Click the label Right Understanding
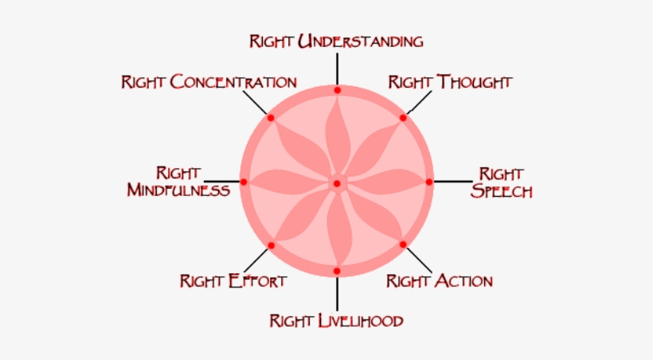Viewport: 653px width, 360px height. [335, 41]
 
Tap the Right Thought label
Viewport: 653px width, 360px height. [450, 82]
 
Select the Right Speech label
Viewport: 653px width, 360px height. [501, 182]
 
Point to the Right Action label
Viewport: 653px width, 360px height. [440, 280]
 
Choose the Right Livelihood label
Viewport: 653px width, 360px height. [336, 321]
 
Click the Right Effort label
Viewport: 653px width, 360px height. [233, 280]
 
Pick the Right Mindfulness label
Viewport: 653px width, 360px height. [178, 182]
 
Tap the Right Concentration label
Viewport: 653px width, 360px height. [209, 82]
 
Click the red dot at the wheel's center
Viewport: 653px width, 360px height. [336, 183]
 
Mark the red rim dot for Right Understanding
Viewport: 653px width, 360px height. [337, 90]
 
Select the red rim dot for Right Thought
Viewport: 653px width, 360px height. [403, 118]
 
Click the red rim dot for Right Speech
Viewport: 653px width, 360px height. [429, 182]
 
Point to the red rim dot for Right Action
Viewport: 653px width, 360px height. [402, 245]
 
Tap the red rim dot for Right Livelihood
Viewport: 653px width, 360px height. [336, 272]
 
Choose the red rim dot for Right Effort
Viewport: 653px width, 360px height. [271, 245]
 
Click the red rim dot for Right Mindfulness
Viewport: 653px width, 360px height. [244, 182]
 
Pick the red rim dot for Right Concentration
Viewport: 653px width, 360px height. [271, 118]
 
